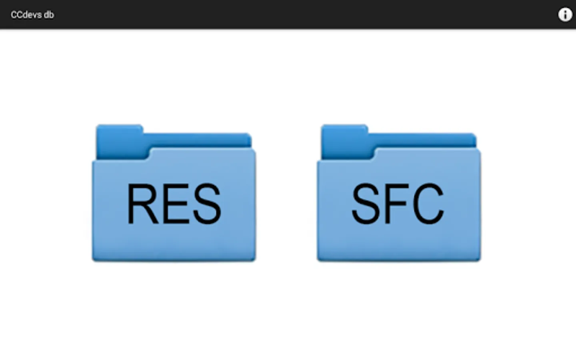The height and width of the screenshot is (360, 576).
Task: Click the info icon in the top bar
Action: pos(565,15)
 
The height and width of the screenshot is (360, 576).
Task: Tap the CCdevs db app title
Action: pos(32,15)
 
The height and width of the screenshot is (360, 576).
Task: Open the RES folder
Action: pos(174,193)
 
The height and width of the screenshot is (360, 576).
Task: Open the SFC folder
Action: pos(398,193)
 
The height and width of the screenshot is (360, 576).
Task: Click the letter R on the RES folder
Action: pos(142,204)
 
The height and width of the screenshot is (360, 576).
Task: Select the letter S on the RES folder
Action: pos(207,204)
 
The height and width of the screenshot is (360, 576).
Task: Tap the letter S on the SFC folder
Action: pos(366,203)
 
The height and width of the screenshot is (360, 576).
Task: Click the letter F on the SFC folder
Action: pos(397,204)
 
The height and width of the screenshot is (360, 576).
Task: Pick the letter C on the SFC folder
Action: pos(428,203)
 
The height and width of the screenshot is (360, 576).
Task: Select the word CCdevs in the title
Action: pos(26,15)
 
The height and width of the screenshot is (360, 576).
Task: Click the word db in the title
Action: pos(49,15)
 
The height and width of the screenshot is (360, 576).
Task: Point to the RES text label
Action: pos(174,204)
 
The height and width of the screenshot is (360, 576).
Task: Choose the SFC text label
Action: pos(398,203)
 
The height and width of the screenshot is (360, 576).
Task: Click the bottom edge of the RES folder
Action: pos(174,260)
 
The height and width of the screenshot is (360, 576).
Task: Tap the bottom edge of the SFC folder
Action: pos(398,260)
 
